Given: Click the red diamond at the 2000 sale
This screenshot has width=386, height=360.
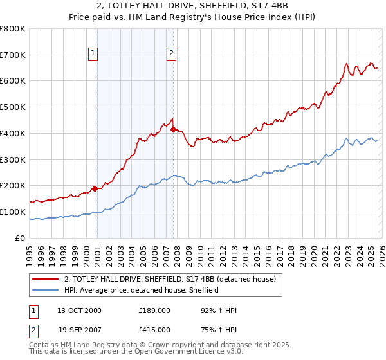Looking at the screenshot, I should click(95, 188).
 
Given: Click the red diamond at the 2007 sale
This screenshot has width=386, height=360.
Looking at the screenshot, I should click(174, 129).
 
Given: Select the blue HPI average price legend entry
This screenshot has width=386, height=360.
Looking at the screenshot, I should click(142, 290).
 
